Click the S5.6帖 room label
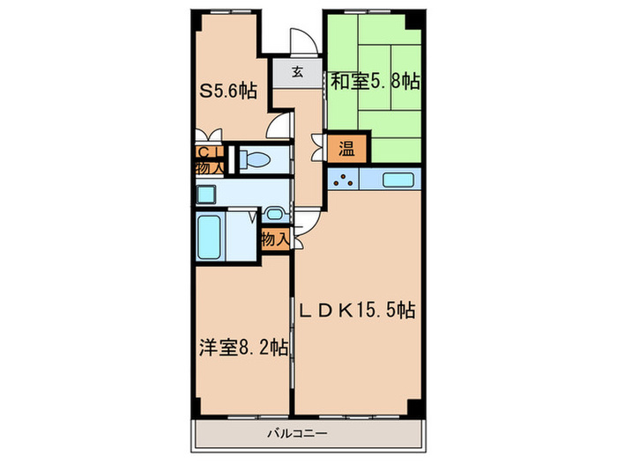pos(227,90)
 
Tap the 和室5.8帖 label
pos(375,81)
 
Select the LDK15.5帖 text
pos(355,310)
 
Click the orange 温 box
pos(341,148)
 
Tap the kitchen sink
pos(402,180)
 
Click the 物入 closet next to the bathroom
pos(274,238)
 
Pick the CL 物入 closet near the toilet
pos(207,158)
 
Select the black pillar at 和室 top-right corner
pos(414,20)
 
